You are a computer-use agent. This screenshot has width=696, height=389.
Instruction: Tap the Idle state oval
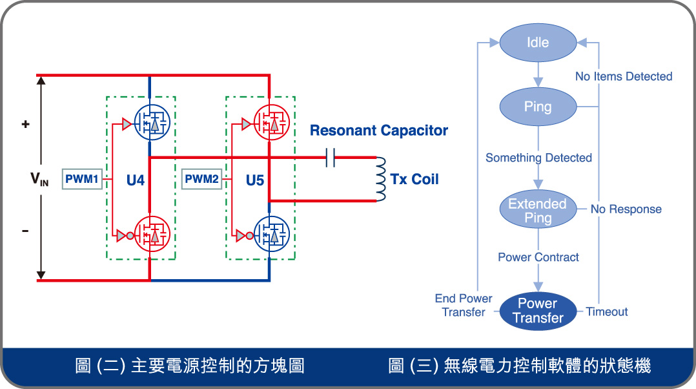click(538, 43)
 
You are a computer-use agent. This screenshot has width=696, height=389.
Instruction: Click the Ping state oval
click(538, 107)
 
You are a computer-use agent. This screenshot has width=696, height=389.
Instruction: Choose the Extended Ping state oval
click(538, 211)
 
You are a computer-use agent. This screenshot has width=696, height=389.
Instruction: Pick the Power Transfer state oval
click(538, 311)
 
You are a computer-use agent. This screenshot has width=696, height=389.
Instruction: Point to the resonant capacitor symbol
click(331, 157)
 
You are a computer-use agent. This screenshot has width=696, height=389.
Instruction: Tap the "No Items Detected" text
click(624, 77)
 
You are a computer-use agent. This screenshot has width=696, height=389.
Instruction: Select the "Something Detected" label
click(538, 158)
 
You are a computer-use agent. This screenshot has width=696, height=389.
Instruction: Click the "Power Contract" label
click(538, 257)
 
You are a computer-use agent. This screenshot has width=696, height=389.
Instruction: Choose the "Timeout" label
click(607, 311)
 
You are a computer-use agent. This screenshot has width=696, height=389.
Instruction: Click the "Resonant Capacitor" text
click(379, 131)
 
